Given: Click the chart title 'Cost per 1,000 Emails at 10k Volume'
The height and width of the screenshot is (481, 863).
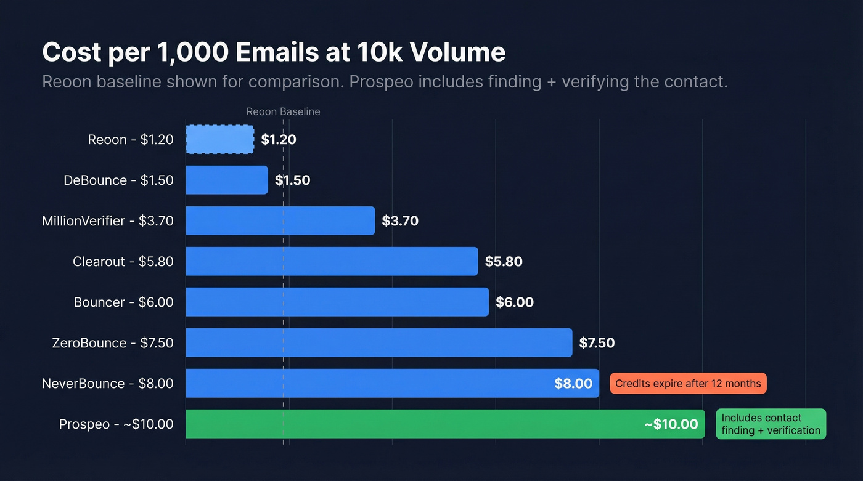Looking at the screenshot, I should tap(274, 53).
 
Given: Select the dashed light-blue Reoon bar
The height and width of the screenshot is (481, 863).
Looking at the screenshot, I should tap(219, 139).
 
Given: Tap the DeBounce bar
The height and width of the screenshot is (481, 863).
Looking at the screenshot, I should tap(227, 180).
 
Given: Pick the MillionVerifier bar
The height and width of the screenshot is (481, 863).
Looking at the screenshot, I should tap(280, 220).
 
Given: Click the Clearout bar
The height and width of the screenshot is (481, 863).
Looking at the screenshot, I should tap(332, 261).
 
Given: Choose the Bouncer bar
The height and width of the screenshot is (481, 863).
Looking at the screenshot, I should tap(337, 302).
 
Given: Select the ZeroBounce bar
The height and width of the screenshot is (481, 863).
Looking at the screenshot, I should tap(378, 342).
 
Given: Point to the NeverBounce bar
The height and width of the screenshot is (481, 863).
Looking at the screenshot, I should tap(370, 383).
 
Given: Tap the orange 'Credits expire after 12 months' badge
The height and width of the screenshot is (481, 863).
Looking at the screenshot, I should tap(688, 383).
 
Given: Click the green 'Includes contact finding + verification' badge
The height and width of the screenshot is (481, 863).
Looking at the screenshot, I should tap(771, 424).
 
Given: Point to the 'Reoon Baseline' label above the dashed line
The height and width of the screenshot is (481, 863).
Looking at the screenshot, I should tap(283, 111).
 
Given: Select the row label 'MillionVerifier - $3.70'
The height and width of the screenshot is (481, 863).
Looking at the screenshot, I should tap(107, 220).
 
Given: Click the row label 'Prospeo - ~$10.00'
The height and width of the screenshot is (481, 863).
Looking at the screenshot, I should tap(116, 424).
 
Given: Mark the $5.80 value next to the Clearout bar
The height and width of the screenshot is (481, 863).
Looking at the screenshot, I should tap(504, 261).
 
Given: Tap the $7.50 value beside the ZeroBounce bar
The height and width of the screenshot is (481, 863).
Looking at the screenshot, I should tap(597, 342).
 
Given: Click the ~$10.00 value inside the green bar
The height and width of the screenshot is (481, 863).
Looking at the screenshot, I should tap(671, 424).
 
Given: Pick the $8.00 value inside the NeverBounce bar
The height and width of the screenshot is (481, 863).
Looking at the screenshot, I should tap(573, 383).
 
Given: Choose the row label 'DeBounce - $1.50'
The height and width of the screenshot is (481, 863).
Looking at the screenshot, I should tap(118, 180).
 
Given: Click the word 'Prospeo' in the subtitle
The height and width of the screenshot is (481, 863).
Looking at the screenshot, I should tap(381, 82).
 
